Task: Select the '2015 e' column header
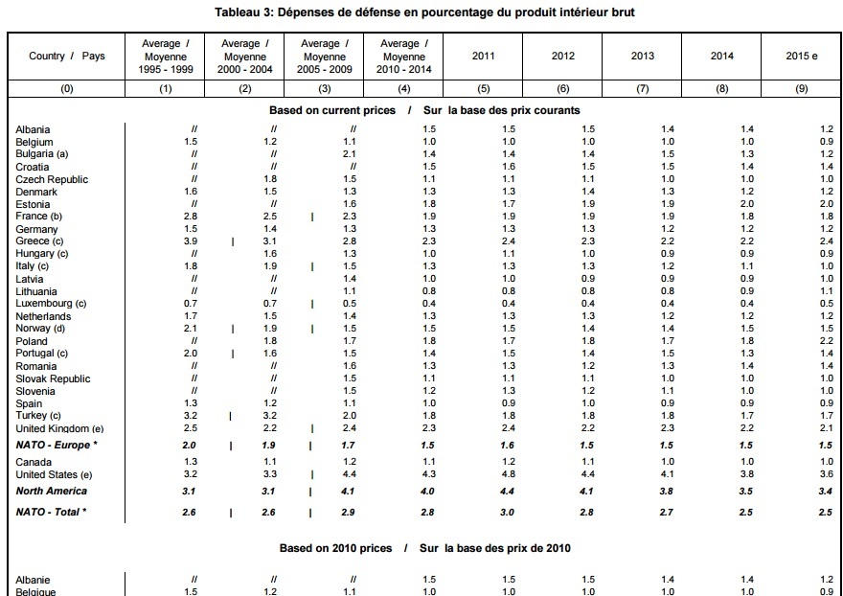[x=801, y=56]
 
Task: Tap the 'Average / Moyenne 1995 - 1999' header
[x=166, y=56]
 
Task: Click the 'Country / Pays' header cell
[x=67, y=56]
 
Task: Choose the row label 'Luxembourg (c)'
[x=51, y=304]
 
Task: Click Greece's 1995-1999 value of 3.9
[x=191, y=241]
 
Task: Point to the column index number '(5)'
[x=484, y=88]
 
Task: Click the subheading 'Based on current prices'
[x=331, y=110]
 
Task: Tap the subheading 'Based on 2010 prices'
[x=335, y=548]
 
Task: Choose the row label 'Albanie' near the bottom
[x=34, y=580]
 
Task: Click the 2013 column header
[x=643, y=56]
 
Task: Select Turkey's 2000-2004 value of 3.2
[x=270, y=416]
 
